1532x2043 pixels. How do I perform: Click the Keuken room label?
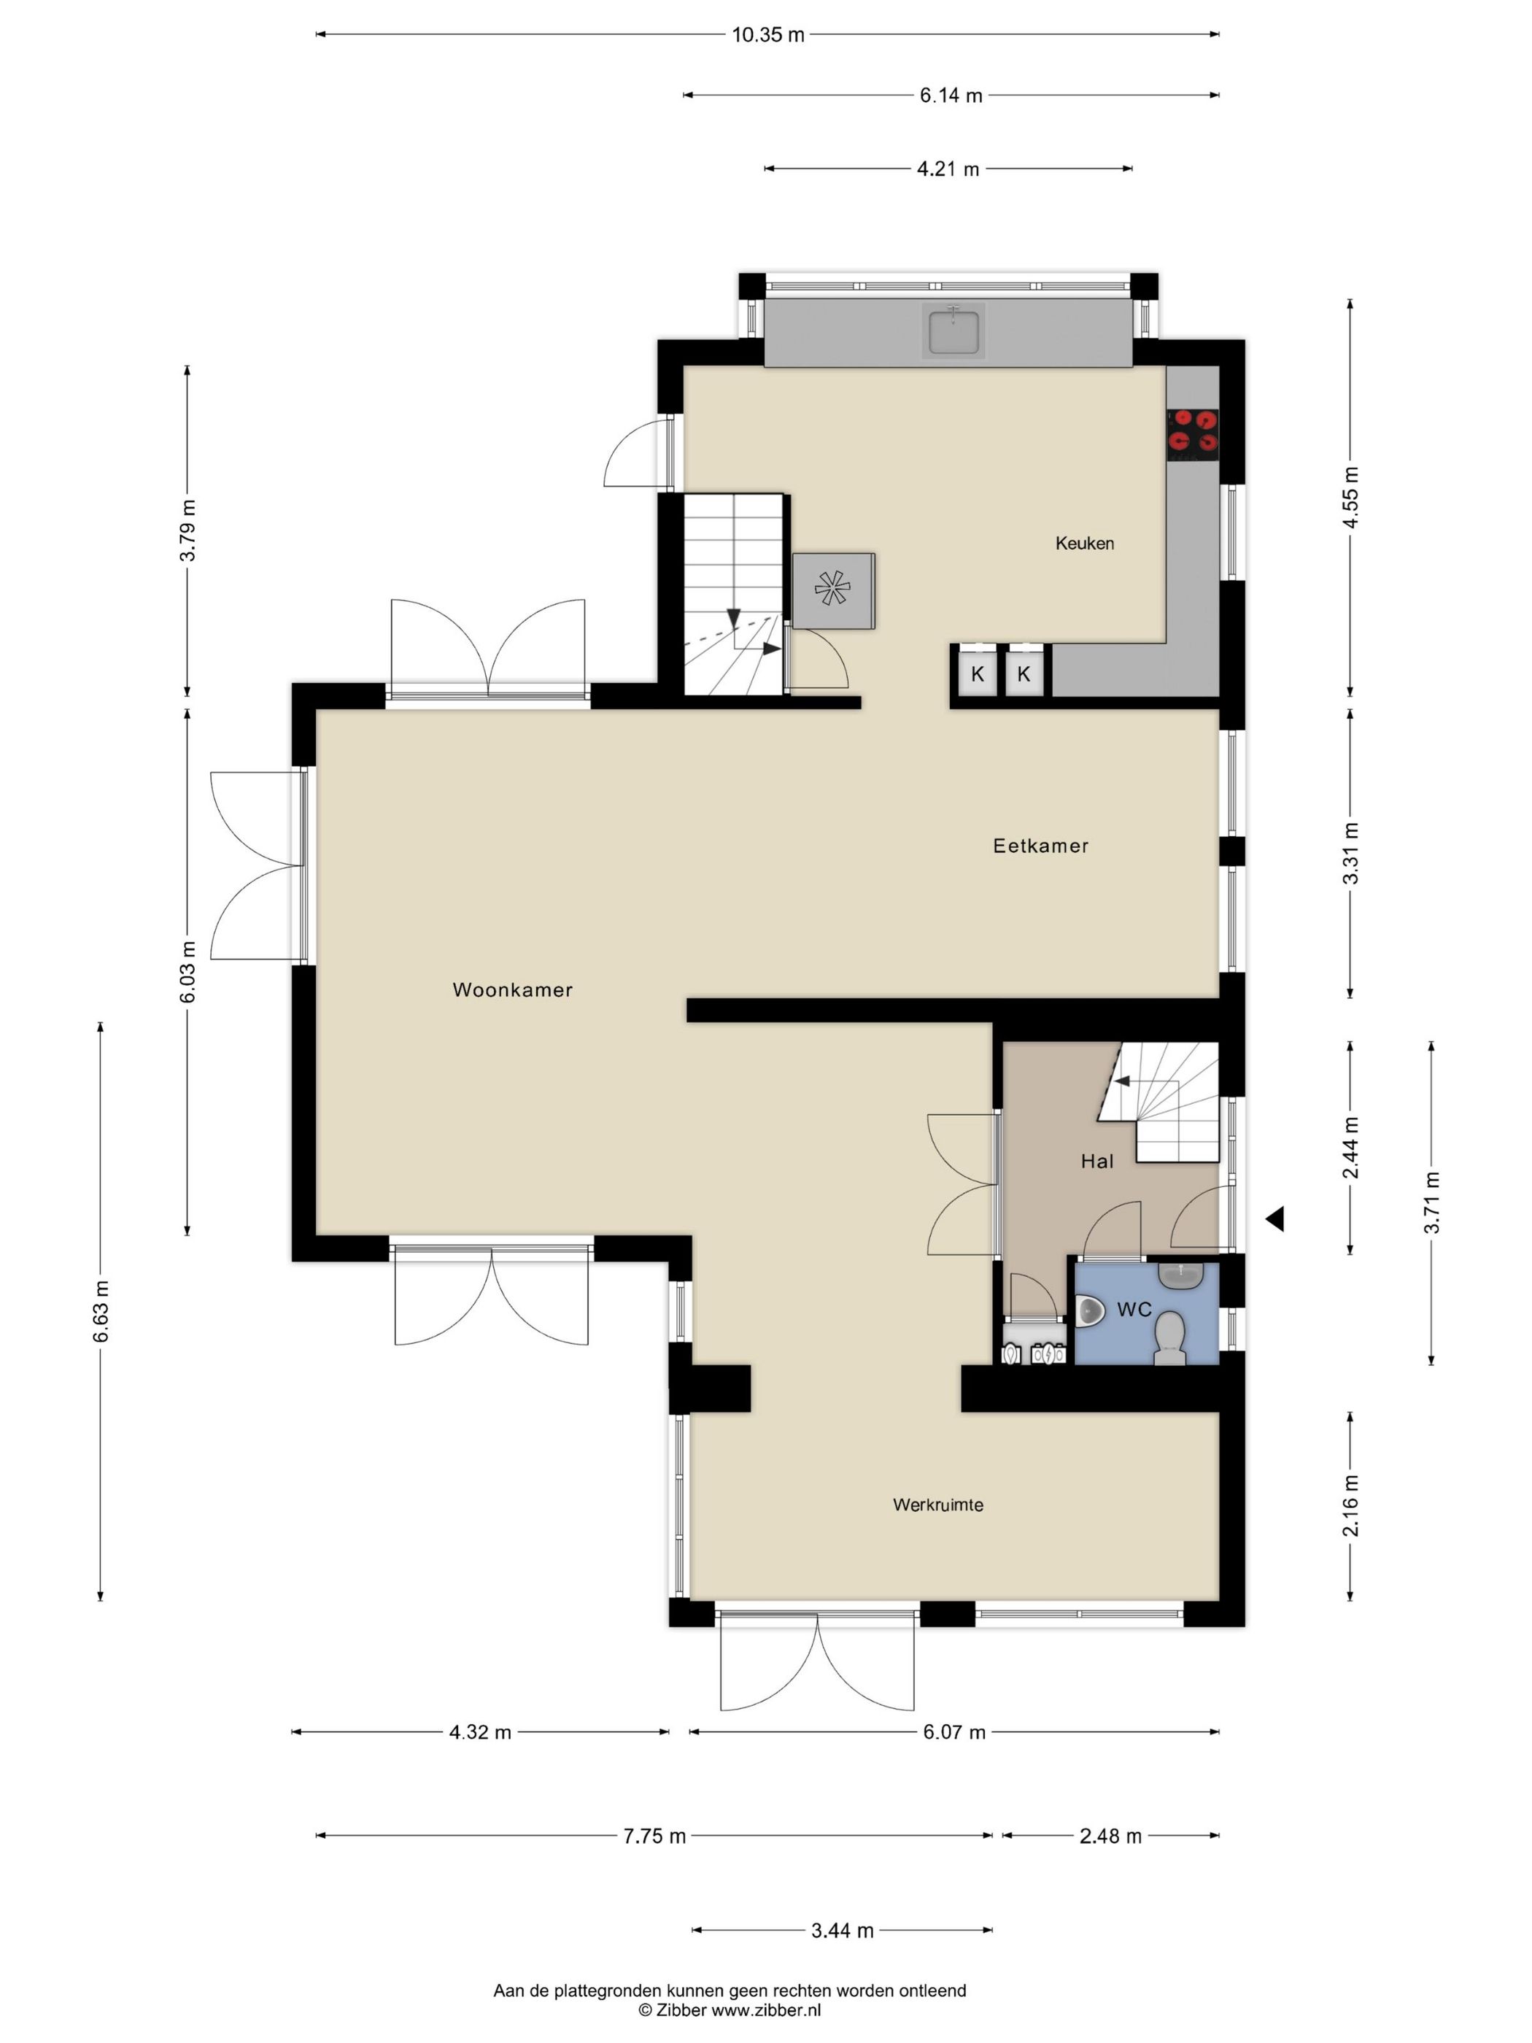point(1084,543)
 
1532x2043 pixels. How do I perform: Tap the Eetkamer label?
point(1041,845)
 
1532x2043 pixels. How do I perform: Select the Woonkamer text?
point(513,989)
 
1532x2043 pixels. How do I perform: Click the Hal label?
point(1097,1161)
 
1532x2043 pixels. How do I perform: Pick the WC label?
point(1134,1309)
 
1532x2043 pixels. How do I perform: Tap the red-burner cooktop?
point(1192,434)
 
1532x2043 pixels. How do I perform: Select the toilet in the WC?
point(1170,1338)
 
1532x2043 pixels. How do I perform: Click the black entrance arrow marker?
point(1275,1219)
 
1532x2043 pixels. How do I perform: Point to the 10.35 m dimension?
point(768,35)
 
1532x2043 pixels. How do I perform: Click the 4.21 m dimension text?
point(948,169)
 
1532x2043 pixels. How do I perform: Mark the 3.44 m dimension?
point(842,1931)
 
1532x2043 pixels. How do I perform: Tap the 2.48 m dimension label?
point(1110,1836)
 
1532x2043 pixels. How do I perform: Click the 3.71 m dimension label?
point(1431,1202)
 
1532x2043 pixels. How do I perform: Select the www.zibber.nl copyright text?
point(730,2009)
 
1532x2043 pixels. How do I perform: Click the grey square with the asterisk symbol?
point(833,591)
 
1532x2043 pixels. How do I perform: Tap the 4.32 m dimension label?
point(480,1733)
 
